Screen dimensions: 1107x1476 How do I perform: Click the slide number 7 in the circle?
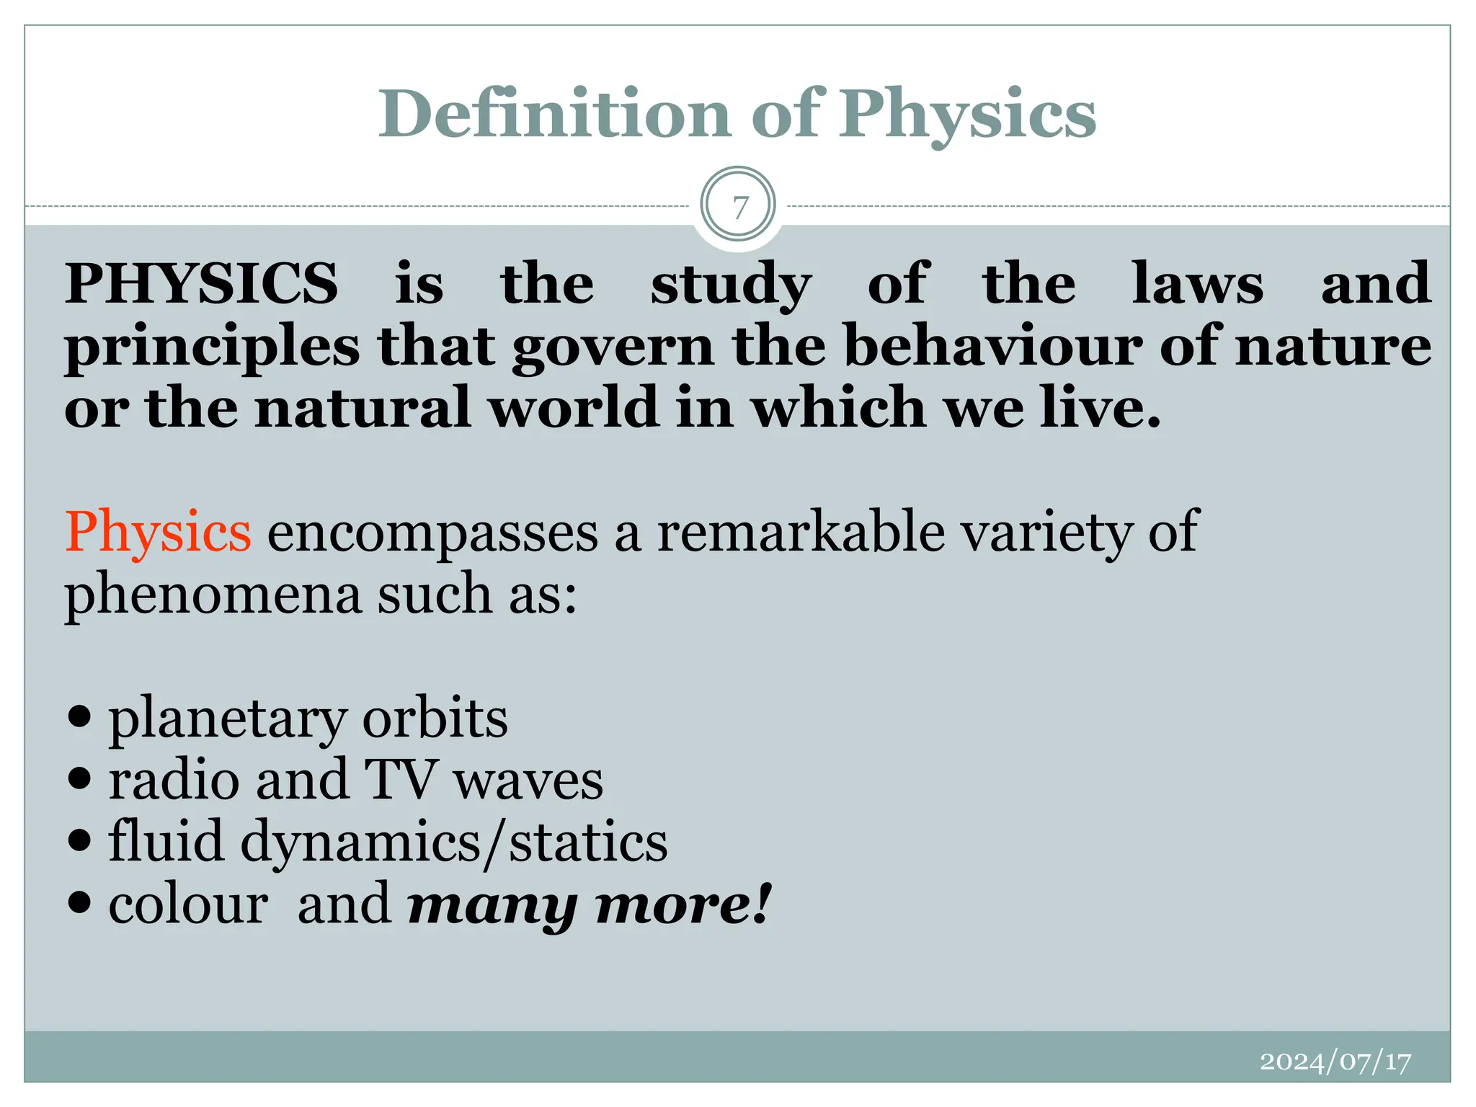pyautogui.click(x=738, y=207)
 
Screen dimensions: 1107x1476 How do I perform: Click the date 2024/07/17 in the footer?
pyautogui.click(x=1335, y=1061)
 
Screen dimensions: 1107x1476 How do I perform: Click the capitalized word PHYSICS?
pyautogui.click(x=201, y=283)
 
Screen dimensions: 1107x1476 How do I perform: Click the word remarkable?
pyautogui.click(x=801, y=532)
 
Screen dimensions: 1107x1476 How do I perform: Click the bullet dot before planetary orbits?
pyautogui.click(x=81, y=716)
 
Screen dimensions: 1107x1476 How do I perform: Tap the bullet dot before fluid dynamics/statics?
pyautogui.click(x=81, y=840)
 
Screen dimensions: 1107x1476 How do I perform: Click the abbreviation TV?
pyautogui.click(x=401, y=780)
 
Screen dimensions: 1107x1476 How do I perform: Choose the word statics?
pyautogui.click(x=588, y=841)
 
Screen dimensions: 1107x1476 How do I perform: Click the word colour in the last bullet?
pyautogui.click(x=188, y=904)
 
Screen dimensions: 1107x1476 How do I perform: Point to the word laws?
pyautogui.click(x=1197, y=283)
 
